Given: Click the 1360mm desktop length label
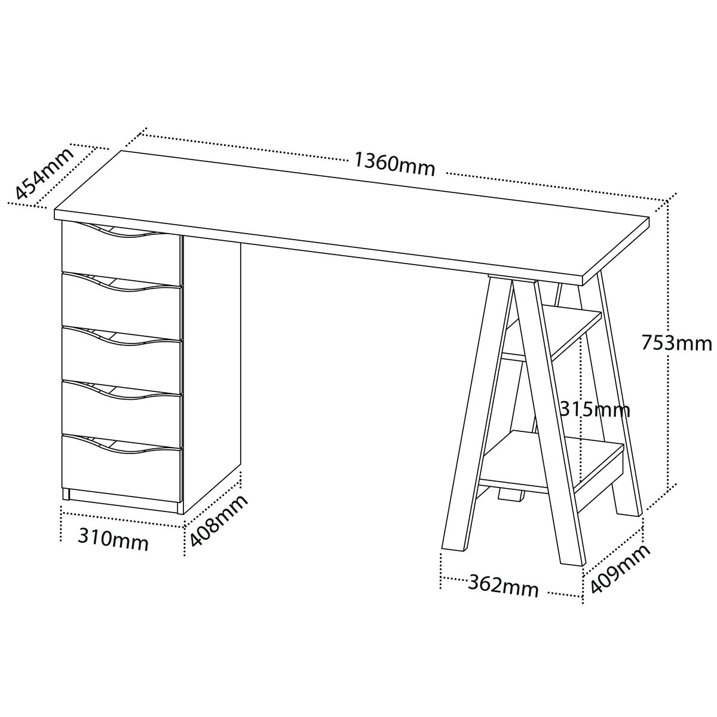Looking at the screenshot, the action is [x=394, y=164].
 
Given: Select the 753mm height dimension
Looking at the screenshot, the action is [x=676, y=344].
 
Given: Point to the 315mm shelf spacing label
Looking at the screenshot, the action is [x=595, y=410].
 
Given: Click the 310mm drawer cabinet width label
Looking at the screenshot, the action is [x=113, y=540].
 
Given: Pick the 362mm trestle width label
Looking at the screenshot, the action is [x=503, y=586].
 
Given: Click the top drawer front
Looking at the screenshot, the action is [x=121, y=254].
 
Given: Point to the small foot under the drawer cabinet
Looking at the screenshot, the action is [x=66, y=495].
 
